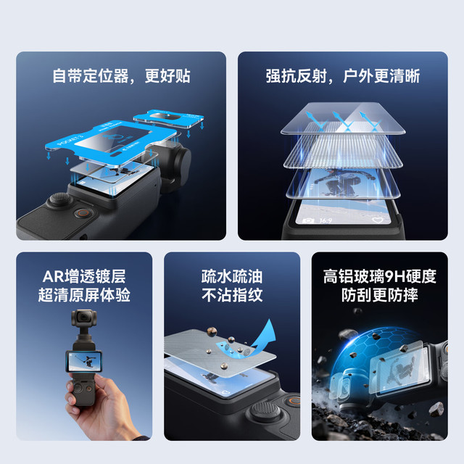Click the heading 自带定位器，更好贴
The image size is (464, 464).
point(121,75)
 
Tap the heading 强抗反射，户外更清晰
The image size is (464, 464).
point(343,75)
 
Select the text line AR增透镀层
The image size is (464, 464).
point(84,276)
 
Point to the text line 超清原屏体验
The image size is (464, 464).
point(84,295)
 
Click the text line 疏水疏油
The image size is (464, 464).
point(232,276)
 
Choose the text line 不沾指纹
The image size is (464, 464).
point(232,295)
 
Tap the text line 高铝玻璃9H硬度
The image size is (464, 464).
point(380,276)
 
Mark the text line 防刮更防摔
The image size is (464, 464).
point(380,295)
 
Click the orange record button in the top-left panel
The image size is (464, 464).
point(84,212)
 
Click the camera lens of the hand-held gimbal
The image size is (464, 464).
point(83,317)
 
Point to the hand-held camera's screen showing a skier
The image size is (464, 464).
point(83,361)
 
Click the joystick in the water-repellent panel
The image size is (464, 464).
point(264,411)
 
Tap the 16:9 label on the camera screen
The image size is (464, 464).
point(326,220)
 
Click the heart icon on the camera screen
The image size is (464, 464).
point(377,220)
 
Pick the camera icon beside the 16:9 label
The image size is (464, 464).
point(308,220)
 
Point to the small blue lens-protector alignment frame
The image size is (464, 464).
point(169,118)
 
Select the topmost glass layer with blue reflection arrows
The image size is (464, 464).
point(343,118)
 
